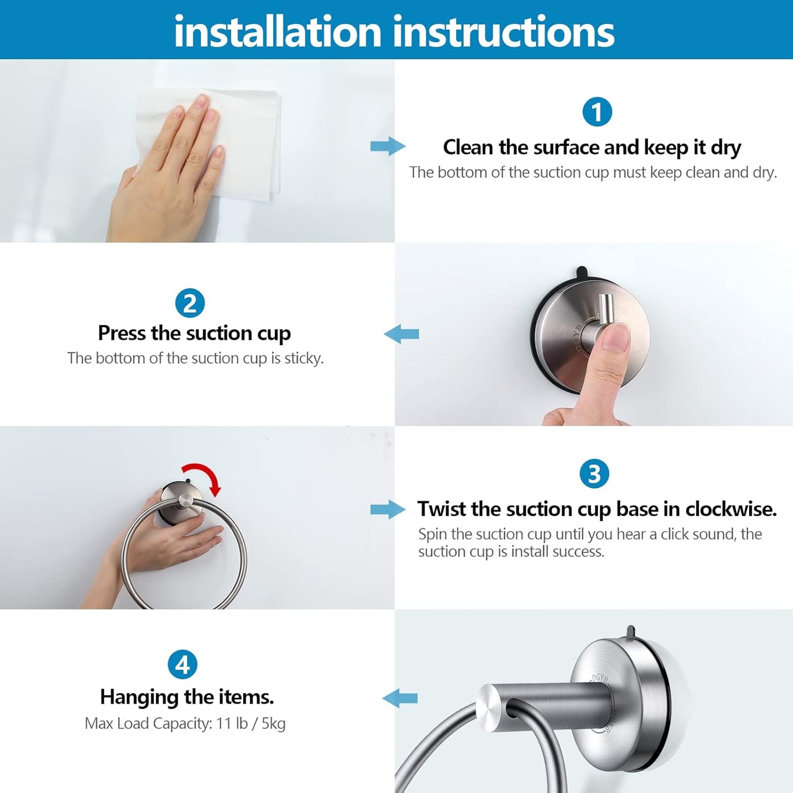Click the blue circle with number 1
[597, 113]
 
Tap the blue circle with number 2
[190, 303]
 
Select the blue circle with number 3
[594, 474]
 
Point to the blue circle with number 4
[182, 665]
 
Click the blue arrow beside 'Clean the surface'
[387, 146]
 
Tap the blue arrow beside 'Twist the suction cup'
[387, 509]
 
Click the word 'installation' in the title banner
[277, 32]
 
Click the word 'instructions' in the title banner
[504, 32]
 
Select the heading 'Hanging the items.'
[187, 697]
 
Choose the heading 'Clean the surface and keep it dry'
[592, 147]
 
